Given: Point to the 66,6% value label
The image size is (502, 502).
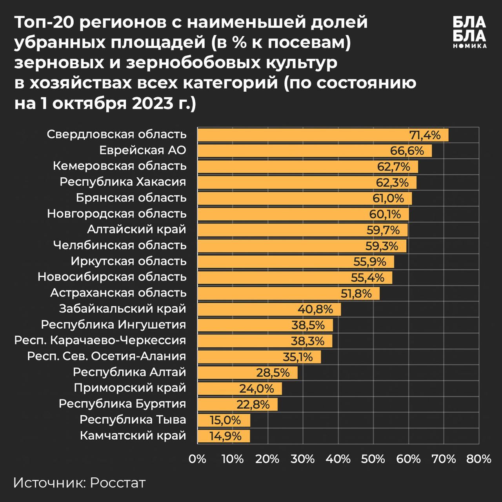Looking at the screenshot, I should tap(407, 151).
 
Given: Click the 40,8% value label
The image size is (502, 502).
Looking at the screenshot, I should tap(315, 309).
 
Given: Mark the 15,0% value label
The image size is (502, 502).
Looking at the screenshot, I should tap(225, 420).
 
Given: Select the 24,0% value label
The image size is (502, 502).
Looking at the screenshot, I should tap(256, 389).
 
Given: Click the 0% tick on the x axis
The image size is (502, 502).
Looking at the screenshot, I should tap(197, 459).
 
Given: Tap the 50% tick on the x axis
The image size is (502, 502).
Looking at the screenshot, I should tap(373, 459).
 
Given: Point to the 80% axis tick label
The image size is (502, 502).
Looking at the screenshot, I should tap(478, 459).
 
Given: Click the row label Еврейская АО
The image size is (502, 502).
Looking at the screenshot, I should tap(142, 151).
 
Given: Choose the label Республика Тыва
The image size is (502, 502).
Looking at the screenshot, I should tap(133, 420).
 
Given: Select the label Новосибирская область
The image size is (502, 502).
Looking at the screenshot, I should tap(112, 277).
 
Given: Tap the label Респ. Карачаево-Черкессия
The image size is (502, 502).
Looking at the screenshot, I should tap(100, 340).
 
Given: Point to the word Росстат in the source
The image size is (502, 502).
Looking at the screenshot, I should tap(118, 483).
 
